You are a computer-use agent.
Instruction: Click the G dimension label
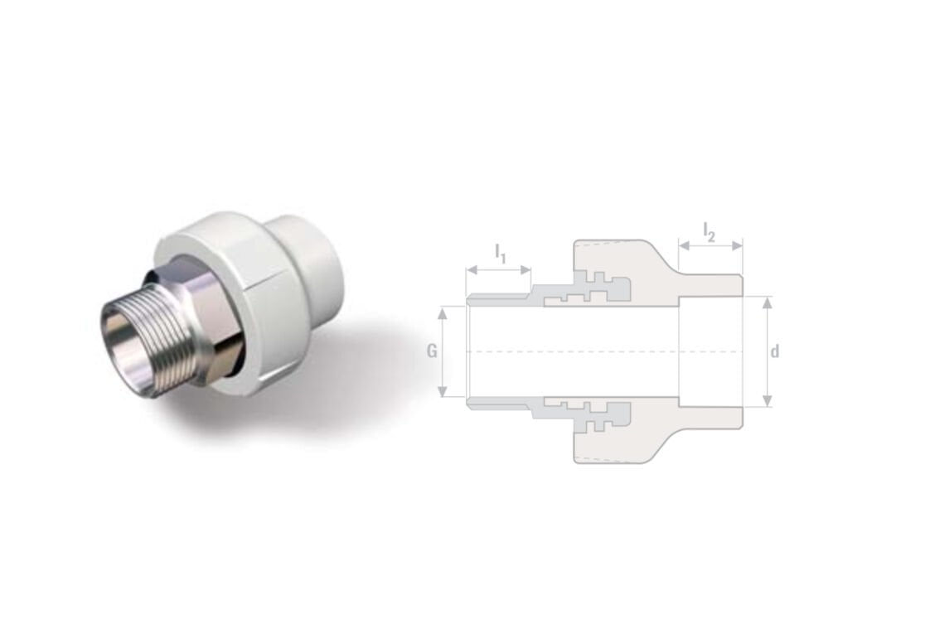pyautogui.click(x=432, y=351)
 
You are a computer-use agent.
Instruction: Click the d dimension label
pyautogui.click(x=775, y=351)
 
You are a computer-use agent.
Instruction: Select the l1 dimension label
pyautogui.click(x=501, y=253)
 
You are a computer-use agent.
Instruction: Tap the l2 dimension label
pyautogui.click(x=709, y=232)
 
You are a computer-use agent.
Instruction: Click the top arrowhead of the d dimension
pyautogui.click(x=767, y=303)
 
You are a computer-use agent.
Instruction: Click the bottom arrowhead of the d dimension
pyautogui.click(x=767, y=400)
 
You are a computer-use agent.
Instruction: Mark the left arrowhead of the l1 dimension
pyautogui.click(x=472, y=270)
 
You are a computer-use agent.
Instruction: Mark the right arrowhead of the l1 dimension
pyautogui.click(x=525, y=270)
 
